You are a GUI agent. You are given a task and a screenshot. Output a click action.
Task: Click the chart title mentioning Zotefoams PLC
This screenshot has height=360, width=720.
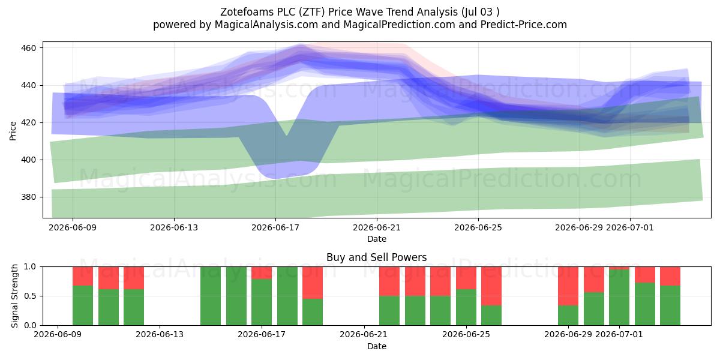pyautogui.click(x=359, y=12)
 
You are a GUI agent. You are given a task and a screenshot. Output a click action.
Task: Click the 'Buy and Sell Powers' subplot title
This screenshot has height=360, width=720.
pyautogui.click(x=376, y=257)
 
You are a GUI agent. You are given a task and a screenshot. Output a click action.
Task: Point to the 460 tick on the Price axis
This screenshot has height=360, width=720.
pyautogui.click(x=28, y=48)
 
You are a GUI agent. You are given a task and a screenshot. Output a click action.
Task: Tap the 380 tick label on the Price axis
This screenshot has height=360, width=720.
pyautogui.click(x=28, y=197)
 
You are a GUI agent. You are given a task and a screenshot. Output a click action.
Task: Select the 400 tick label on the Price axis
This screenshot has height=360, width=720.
pyautogui.click(x=28, y=160)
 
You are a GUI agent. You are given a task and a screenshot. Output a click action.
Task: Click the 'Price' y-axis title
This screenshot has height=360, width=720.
pyautogui.click(x=13, y=131)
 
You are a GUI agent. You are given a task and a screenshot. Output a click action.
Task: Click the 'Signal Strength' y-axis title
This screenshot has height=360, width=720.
pyautogui.click(x=14, y=296)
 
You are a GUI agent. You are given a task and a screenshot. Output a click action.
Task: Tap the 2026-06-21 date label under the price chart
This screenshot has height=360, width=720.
pyautogui.click(x=377, y=227)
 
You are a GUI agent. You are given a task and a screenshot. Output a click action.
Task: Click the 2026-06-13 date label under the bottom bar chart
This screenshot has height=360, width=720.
pyautogui.click(x=160, y=334)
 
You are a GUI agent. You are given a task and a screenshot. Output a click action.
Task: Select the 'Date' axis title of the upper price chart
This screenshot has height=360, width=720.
pyautogui.click(x=377, y=239)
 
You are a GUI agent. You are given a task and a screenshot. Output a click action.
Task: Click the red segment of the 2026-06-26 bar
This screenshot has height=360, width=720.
pyautogui.click(x=491, y=286)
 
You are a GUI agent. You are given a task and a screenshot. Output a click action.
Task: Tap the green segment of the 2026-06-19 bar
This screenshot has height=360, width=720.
pyautogui.click(x=313, y=312)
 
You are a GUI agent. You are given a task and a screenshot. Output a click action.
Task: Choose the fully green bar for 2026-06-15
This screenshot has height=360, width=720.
pyautogui.click(x=211, y=296)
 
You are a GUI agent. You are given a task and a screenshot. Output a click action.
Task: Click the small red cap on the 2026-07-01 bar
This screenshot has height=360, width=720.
pyautogui.click(x=619, y=268)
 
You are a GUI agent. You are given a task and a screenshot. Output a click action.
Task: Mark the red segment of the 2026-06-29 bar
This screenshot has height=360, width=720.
pyautogui.click(x=568, y=286)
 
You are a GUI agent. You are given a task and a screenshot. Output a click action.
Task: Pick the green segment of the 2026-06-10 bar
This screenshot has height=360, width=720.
pyautogui.click(x=83, y=305)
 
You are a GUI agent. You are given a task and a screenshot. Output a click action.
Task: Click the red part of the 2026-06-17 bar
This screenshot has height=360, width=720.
pyautogui.click(x=262, y=273)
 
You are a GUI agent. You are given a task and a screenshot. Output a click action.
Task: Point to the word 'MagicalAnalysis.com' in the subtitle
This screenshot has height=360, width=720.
pyautogui.click(x=266, y=25)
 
